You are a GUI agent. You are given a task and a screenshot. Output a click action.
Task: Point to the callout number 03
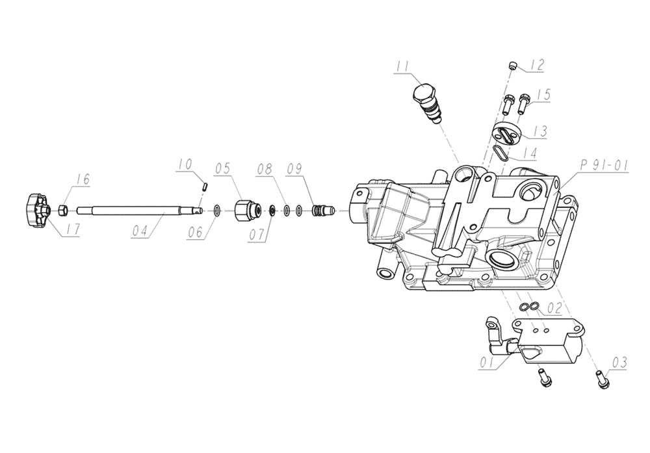pyautogui.click(x=619, y=362)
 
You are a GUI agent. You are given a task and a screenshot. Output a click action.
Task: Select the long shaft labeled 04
pyautogui.click(x=136, y=210)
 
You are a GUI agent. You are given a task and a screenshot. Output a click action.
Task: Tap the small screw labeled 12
pyautogui.click(x=513, y=64)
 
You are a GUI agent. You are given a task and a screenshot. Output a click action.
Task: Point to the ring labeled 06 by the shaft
pyautogui.click(x=216, y=210)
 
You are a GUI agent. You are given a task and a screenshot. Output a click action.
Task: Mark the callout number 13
pyautogui.click(x=539, y=131)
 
